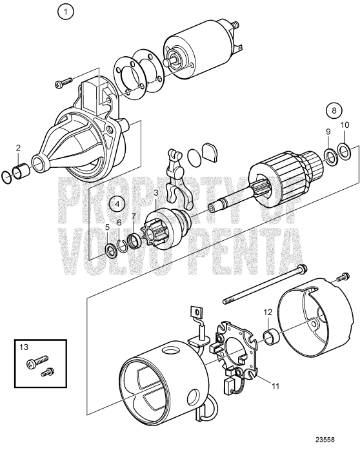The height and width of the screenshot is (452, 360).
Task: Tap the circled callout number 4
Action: tap(117, 203)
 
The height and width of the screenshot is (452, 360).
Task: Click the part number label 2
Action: tap(19, 148)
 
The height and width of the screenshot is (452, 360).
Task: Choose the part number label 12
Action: tap(267, 313)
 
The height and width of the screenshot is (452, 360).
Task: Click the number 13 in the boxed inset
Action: tap(25, 347)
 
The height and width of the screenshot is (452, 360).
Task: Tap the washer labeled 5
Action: tap(110, 248)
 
